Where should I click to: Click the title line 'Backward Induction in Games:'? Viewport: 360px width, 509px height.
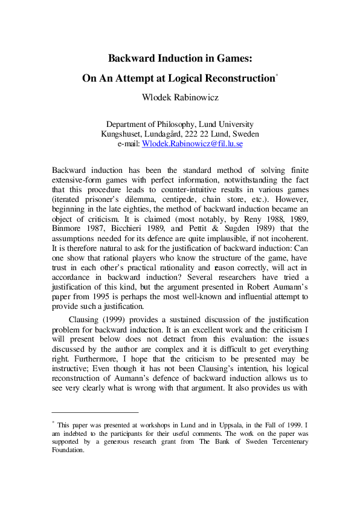[x=179, y=59]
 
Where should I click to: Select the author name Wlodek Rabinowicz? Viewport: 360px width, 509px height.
[x=179, y=96]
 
